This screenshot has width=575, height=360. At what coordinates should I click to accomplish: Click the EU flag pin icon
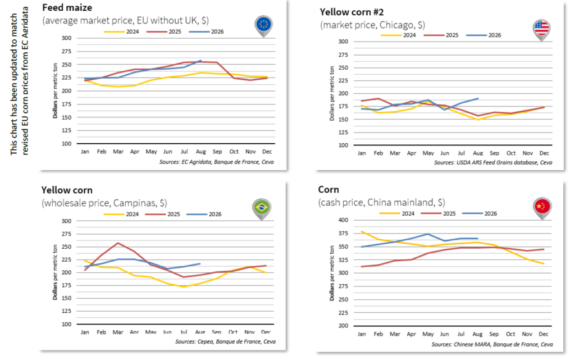(x=263, y=26)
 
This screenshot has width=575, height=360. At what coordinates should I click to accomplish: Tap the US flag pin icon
(x=541, y=30)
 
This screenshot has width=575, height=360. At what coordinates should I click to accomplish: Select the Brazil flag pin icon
(x=262, y=209)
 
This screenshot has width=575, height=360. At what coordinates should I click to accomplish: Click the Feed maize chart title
(x=67, y=8)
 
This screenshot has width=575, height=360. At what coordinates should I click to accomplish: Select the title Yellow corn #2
(x=352, y=12)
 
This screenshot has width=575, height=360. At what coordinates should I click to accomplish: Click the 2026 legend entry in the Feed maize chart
(x=207, y=31)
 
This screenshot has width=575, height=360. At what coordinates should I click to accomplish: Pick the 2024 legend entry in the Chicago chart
(x=398, y=35)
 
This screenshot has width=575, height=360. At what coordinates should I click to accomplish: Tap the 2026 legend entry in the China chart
(x=480, y=213)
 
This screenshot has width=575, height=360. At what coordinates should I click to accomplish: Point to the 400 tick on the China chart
(x=343, y=220)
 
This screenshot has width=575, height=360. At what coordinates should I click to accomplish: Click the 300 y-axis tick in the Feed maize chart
(x=66, y=38)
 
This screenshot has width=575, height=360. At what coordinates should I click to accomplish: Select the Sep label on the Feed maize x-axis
(x=217, y=152)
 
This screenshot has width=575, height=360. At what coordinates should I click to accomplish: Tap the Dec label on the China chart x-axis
(x=544, y=334)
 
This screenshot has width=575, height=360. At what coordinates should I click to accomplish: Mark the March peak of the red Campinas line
(x=118, y=243)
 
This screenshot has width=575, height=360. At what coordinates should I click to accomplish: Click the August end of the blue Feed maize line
(x=201, y=61)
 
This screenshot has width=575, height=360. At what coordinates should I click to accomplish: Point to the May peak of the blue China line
(x=427, y=234)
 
